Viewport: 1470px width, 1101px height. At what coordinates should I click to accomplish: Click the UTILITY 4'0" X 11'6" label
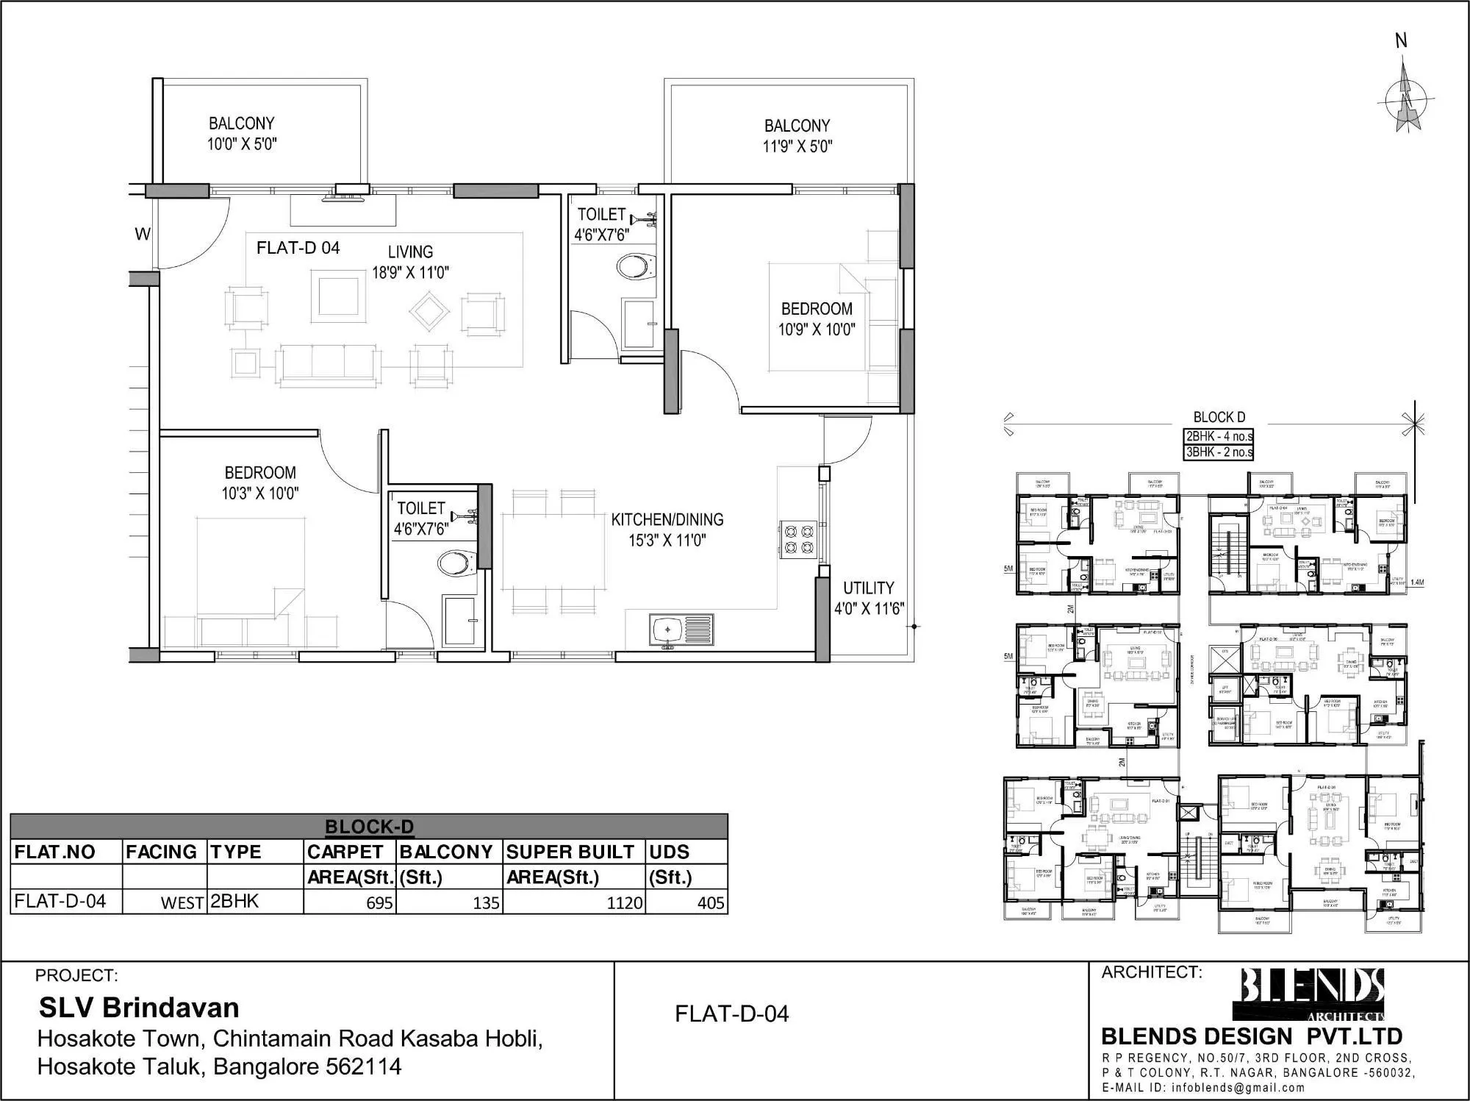[868, 598]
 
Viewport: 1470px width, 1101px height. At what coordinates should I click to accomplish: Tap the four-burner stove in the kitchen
[797, 538]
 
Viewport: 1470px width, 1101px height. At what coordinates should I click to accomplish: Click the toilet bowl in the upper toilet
[635, 266]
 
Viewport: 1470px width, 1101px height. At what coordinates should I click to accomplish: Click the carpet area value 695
[379, 902]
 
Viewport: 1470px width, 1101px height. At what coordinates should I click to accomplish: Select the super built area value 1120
[624, 902]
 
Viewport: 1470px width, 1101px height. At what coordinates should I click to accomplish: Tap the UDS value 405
[710, 902]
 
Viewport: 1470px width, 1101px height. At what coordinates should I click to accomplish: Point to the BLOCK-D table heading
[369, 827]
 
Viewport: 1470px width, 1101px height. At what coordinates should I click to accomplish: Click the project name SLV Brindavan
[139, 1007]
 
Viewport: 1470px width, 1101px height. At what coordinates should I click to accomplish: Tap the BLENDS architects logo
[1312, 994]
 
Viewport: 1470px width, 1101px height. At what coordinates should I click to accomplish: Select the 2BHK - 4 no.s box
[1219, 436]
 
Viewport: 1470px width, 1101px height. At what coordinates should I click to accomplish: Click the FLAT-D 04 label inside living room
[298, 248]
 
